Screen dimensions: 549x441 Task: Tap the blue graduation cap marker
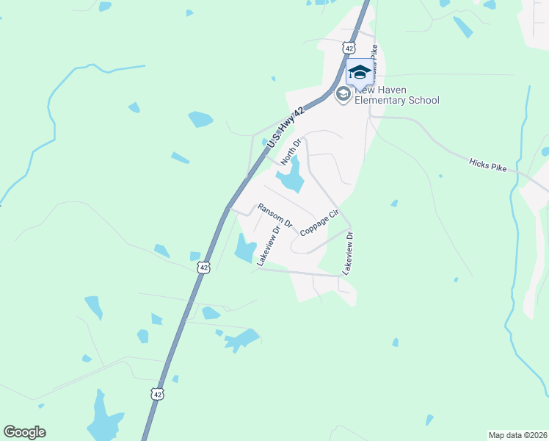pyautogui.click(x=360, y=73)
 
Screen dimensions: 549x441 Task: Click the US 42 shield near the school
pyautogui.click(x=349, y=48)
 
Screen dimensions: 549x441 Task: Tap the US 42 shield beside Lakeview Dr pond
pyautogui.click(x=204, y=268)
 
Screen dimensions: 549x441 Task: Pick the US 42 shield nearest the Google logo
pyautogui.click(x=157, y=394)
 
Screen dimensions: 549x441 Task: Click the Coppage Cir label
pyautogui.click(x=318, y=222)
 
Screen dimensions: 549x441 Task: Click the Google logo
pyautogui.click(x=24, y=432)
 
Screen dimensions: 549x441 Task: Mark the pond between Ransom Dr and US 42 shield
pyautogui.click(x=195, y=256)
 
